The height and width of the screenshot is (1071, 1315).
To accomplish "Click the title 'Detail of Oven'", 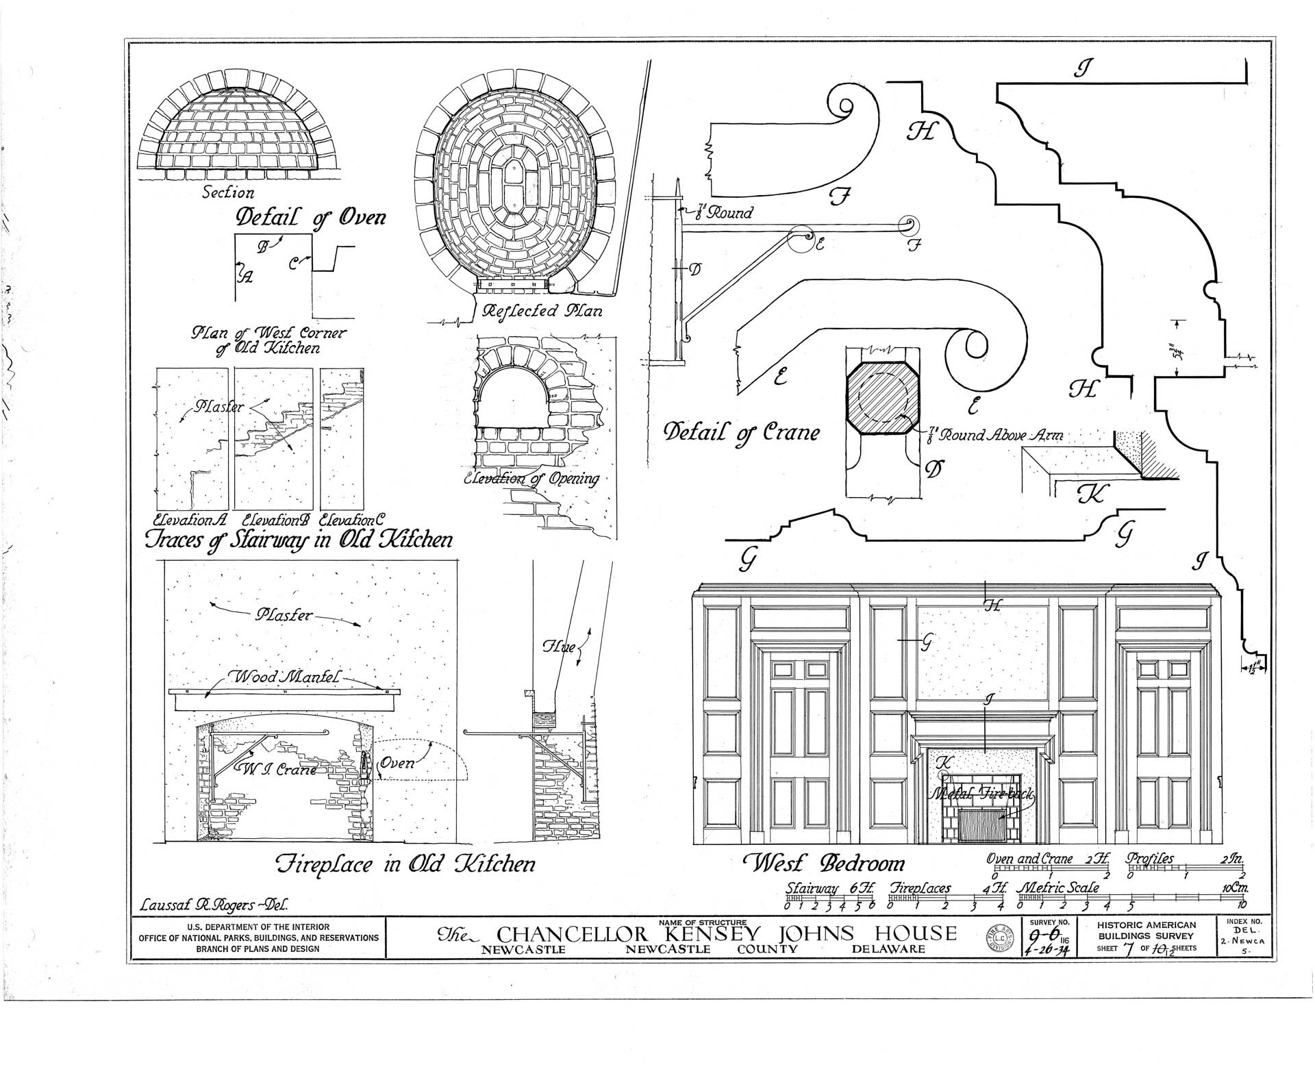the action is click(x=310, y=217).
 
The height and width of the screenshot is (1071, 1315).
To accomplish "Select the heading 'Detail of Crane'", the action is click(x=741, y=433).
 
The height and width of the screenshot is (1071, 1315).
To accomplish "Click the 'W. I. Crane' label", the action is click(x=279, y=769).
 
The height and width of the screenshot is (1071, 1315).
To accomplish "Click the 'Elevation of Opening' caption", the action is click(x=531, y=479).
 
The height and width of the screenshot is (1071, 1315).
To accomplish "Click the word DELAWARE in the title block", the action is click(x=888, y=949).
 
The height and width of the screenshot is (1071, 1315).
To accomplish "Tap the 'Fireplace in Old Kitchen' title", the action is click(x=405, y=864).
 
